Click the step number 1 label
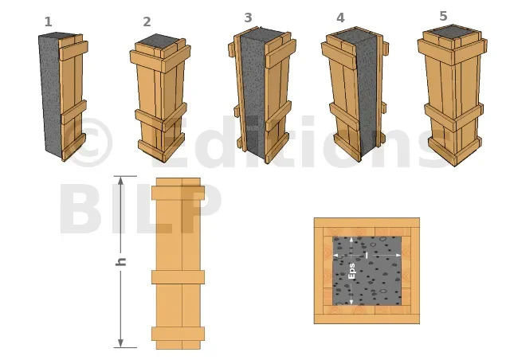48,22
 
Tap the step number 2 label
147,22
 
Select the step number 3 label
248,18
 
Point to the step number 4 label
340,18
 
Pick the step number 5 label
443,16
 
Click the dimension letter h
120,261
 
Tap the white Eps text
351,271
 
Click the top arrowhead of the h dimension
120,181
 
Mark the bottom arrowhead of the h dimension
120,343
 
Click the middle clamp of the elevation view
178,277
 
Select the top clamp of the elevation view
178,193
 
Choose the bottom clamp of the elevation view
178,334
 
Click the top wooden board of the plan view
367,223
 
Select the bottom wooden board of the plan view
367,319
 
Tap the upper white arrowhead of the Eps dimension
351,241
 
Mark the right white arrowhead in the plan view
398,256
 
